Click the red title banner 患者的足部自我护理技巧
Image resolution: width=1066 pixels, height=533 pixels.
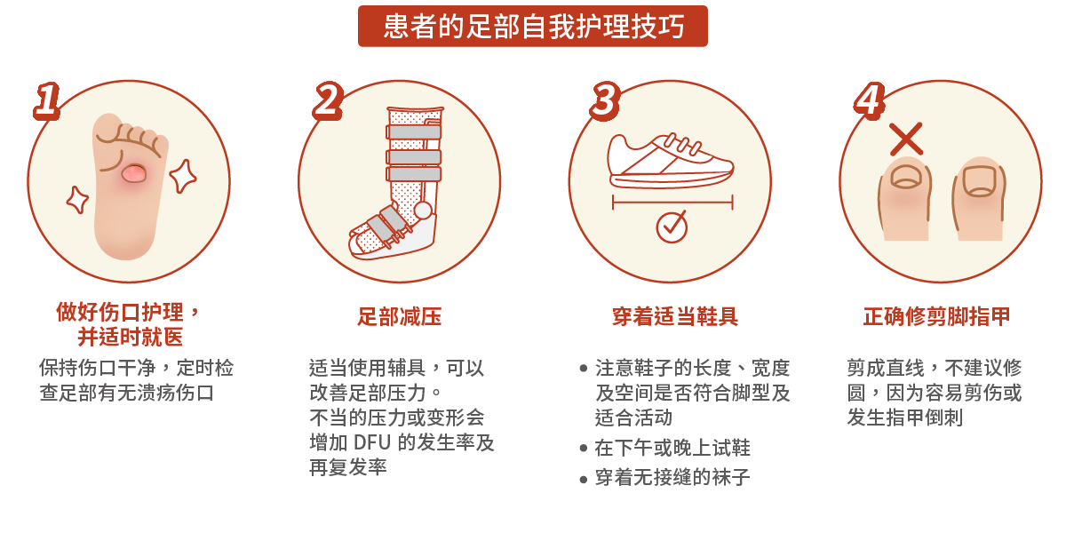533,27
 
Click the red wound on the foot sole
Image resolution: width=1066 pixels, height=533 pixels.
132,173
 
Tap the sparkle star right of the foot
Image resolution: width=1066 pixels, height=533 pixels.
183,175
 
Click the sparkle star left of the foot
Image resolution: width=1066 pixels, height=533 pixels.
78,199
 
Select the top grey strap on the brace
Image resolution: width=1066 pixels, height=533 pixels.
413,132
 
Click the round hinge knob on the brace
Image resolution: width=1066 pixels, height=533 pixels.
423,211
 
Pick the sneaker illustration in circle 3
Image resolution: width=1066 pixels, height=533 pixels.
671,161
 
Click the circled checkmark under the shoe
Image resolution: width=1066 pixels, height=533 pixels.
672,227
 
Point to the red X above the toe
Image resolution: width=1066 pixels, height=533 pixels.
906,139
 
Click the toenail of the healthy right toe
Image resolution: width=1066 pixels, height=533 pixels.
981,180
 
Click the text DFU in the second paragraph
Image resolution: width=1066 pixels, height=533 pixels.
372,442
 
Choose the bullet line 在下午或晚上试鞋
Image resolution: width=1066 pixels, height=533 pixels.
672,448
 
